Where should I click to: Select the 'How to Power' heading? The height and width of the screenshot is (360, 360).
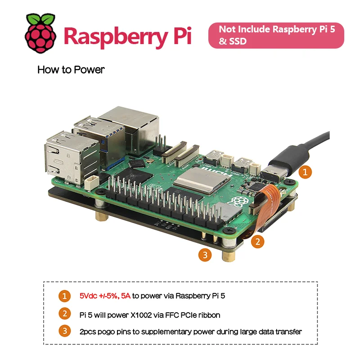pos(71,70)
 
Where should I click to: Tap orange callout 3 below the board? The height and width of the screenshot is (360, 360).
pos(205,255)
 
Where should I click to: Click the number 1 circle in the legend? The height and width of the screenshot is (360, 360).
pos(65,296)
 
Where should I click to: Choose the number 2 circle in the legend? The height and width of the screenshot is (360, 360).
pos(65,314)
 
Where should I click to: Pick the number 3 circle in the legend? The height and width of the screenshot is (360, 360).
pos(65,332)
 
